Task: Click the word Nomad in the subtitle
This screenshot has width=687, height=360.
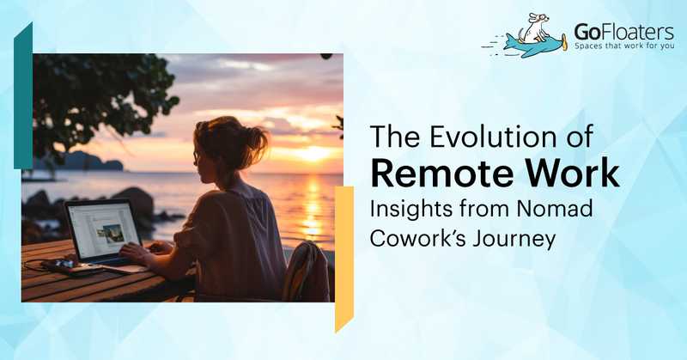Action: [x=554, y=208]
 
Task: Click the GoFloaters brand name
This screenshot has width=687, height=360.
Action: [x=623, y=32]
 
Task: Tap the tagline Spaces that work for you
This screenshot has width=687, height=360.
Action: [x=624, y=46]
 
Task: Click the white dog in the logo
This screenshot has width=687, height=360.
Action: [x=534, y=28]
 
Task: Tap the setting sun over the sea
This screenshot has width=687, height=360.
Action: [x=314, y=154]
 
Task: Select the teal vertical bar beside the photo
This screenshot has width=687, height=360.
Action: [x=23, y=95]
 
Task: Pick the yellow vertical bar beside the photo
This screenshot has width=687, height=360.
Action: [x=344, y=259]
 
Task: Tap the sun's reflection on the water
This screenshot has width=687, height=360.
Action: [x=312, y=206]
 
